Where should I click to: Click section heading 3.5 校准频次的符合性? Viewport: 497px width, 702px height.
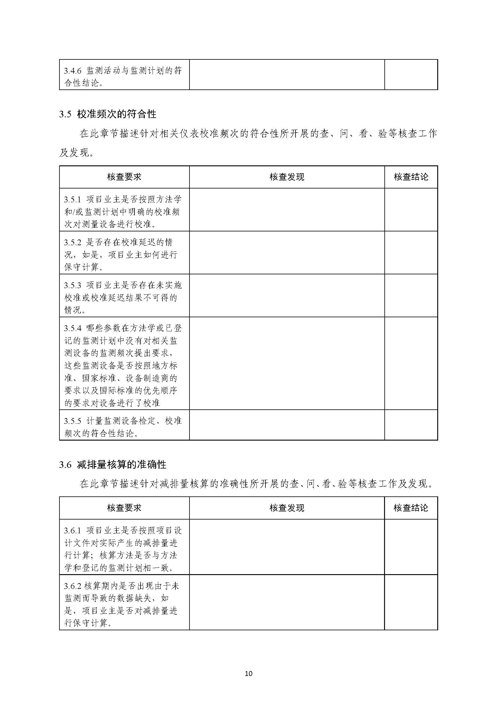tap(108, 114)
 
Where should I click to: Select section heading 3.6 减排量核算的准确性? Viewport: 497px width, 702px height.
tap(113, 465)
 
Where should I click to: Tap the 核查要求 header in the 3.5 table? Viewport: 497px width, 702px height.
tap(124, 177)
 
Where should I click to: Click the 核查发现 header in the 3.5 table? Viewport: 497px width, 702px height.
tap(287, 177)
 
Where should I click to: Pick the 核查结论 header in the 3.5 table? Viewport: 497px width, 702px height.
tap(411, 177)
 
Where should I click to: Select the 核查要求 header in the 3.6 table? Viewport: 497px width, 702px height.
tap(124, 508)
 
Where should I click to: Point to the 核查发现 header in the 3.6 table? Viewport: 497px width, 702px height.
tap(287, 508)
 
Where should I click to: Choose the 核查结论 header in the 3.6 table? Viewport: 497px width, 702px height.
tap(411, 508)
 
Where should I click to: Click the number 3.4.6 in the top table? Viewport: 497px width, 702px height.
tap(73, 71)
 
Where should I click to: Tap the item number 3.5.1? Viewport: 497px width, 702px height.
tap(73, 200)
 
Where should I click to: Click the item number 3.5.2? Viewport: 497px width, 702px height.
tap(73, 243)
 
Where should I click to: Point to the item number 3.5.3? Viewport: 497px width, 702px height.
tap(73, 285)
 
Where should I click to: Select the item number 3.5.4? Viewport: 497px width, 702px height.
tap(73, 329)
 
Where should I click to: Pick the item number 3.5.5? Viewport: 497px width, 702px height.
tap(73, 421)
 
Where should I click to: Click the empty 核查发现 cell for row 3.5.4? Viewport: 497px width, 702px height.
tap(287, 363)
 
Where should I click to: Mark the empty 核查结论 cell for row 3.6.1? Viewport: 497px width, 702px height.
tap(411, 547)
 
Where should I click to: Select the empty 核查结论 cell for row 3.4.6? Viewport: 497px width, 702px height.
tap(411, 75)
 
